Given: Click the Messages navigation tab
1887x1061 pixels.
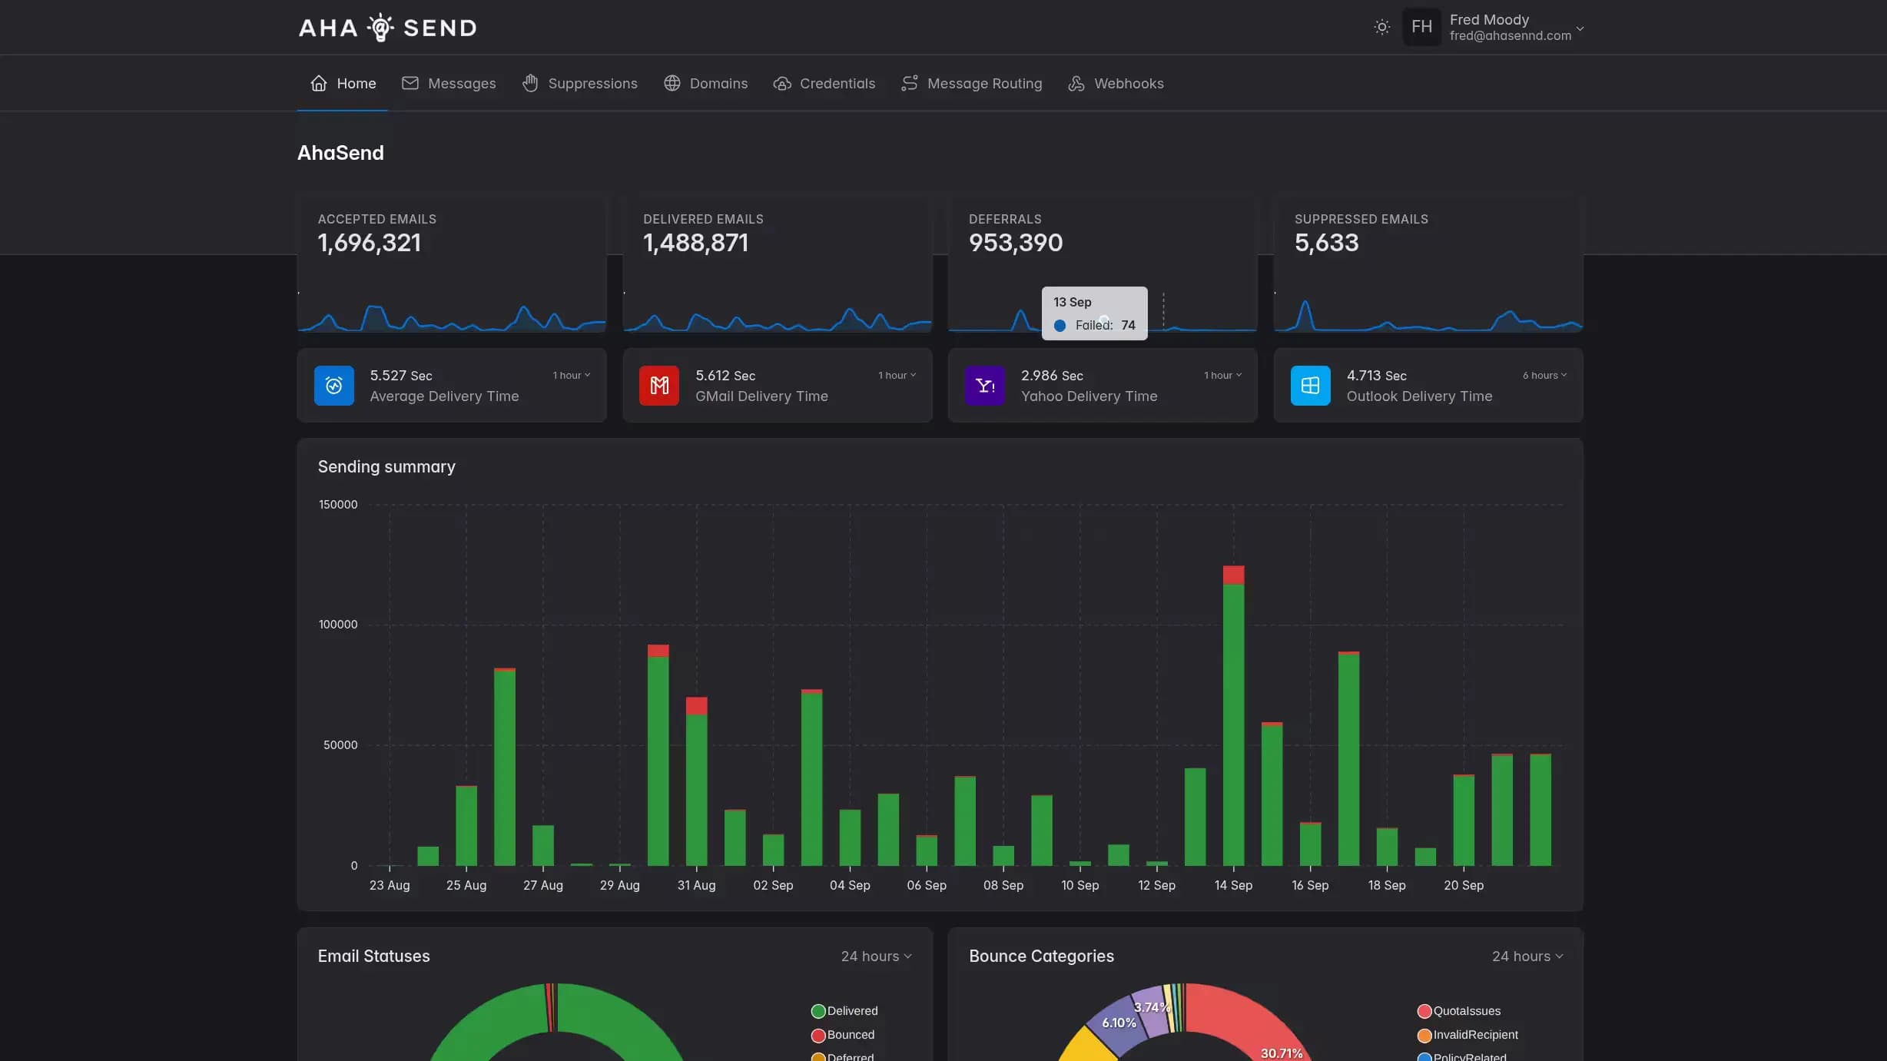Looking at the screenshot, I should point(449,83).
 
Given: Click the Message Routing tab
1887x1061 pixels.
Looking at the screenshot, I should point(971,83).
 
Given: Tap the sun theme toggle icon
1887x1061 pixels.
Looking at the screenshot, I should point(1381,28).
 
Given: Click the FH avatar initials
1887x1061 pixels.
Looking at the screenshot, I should point(1421,28).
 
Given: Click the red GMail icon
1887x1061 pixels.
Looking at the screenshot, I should point(659,386).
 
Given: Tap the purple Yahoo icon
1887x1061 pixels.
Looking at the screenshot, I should point(984,386).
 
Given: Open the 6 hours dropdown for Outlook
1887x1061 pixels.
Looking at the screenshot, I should point(1544,376).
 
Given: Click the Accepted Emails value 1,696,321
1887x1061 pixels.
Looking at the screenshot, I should point(370,243).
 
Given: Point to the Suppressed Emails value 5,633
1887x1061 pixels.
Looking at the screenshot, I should point(1326,243).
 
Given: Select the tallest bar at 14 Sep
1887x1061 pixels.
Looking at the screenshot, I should point(1233,722).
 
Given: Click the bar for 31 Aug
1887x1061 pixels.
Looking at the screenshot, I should point(696,784).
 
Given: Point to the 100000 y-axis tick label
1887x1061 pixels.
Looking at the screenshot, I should point(338,625).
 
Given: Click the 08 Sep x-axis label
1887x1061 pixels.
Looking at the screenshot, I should point(1003,885).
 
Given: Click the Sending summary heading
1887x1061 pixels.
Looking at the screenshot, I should point(386,467).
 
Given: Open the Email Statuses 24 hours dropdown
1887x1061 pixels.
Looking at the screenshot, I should point(876,957).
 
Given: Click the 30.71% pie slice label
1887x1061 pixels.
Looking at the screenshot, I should point(1281,1053).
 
